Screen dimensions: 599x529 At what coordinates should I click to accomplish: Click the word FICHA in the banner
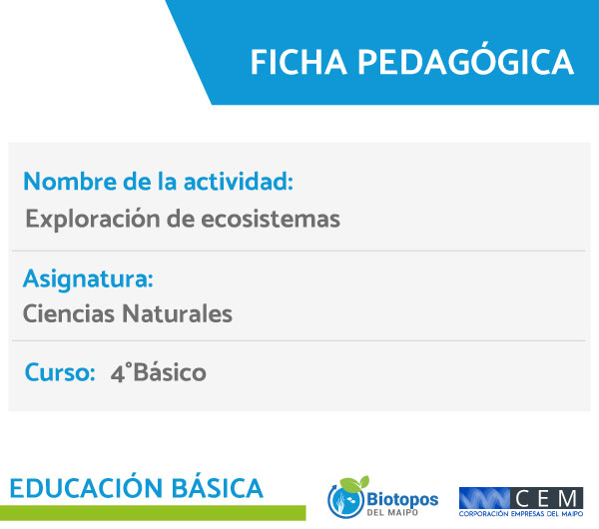pyautogui.click(x=299, y=62)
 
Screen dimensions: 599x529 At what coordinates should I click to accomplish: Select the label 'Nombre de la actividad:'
pyautogui.click(x=158, y=181)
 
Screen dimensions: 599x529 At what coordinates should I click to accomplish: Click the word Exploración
pyautogui.click(x=93, y=220)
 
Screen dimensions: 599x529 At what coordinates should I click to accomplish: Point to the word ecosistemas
pyautogui.click(x=271, y=220)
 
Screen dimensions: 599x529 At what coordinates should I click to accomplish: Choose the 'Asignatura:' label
pyautogui.click(x=88, y=279)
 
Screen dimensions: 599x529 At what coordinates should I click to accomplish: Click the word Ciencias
pyautogui.click(x=69, y=314)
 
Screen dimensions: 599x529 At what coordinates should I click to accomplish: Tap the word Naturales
pyautogui.click(x=177, y=314)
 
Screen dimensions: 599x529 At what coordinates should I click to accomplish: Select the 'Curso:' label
pyautogui.click(x=60, y=372)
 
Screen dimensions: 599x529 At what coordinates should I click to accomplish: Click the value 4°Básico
pyautogui.click(x=158, y=372)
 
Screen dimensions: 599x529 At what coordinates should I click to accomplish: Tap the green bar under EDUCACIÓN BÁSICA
pyautogui.click(x=153, y=513)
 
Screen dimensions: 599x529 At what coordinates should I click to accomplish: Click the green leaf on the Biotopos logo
pyautogui.click(x=355, y=483)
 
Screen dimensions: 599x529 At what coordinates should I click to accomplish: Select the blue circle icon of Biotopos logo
pyautogui.click(x=345, y=501)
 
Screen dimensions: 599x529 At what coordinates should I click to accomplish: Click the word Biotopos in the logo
pyautogui.click(x=402, y=500)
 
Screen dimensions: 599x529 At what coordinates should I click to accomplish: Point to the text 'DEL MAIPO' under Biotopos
pyautogui.click(x=392, y=512)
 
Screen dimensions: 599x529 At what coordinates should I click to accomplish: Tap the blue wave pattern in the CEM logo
pyautogui.click(x=484, y=498)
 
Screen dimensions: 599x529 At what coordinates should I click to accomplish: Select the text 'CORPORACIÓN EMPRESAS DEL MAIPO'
pyautogui.click(x=521, y=514)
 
